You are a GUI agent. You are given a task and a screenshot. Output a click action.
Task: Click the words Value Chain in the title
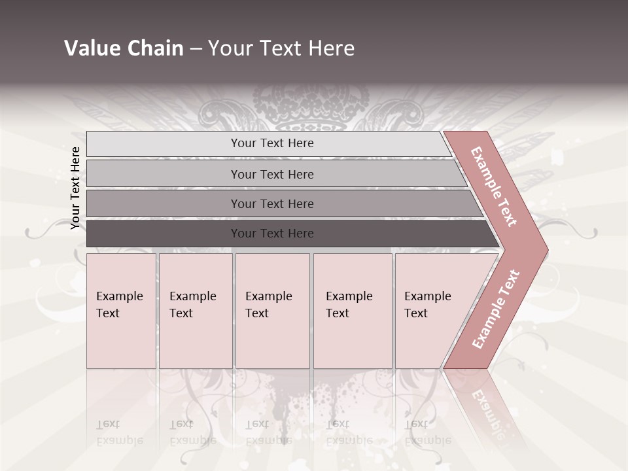click(x=124, y=48)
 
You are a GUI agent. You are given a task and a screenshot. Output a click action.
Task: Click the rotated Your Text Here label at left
click(x=75, y=188)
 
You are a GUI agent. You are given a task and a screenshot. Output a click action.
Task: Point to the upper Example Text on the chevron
click(x=494, y=186)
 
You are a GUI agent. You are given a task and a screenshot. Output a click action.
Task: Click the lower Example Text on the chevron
click(x=495, y=309)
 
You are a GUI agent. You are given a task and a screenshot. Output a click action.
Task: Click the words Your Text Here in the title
click(x=281, y=48)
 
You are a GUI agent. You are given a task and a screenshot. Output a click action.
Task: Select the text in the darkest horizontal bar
click(x=272, y=234)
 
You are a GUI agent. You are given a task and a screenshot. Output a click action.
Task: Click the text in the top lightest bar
click(x=272, y=143)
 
